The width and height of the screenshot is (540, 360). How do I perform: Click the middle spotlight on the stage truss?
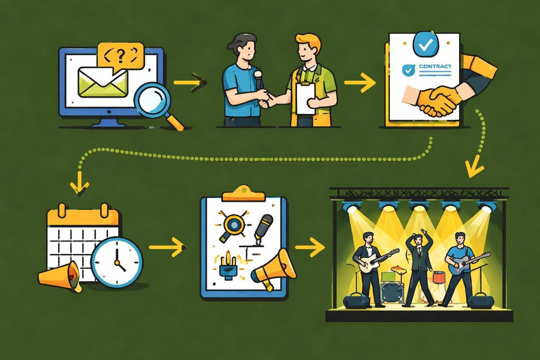[419, 206]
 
